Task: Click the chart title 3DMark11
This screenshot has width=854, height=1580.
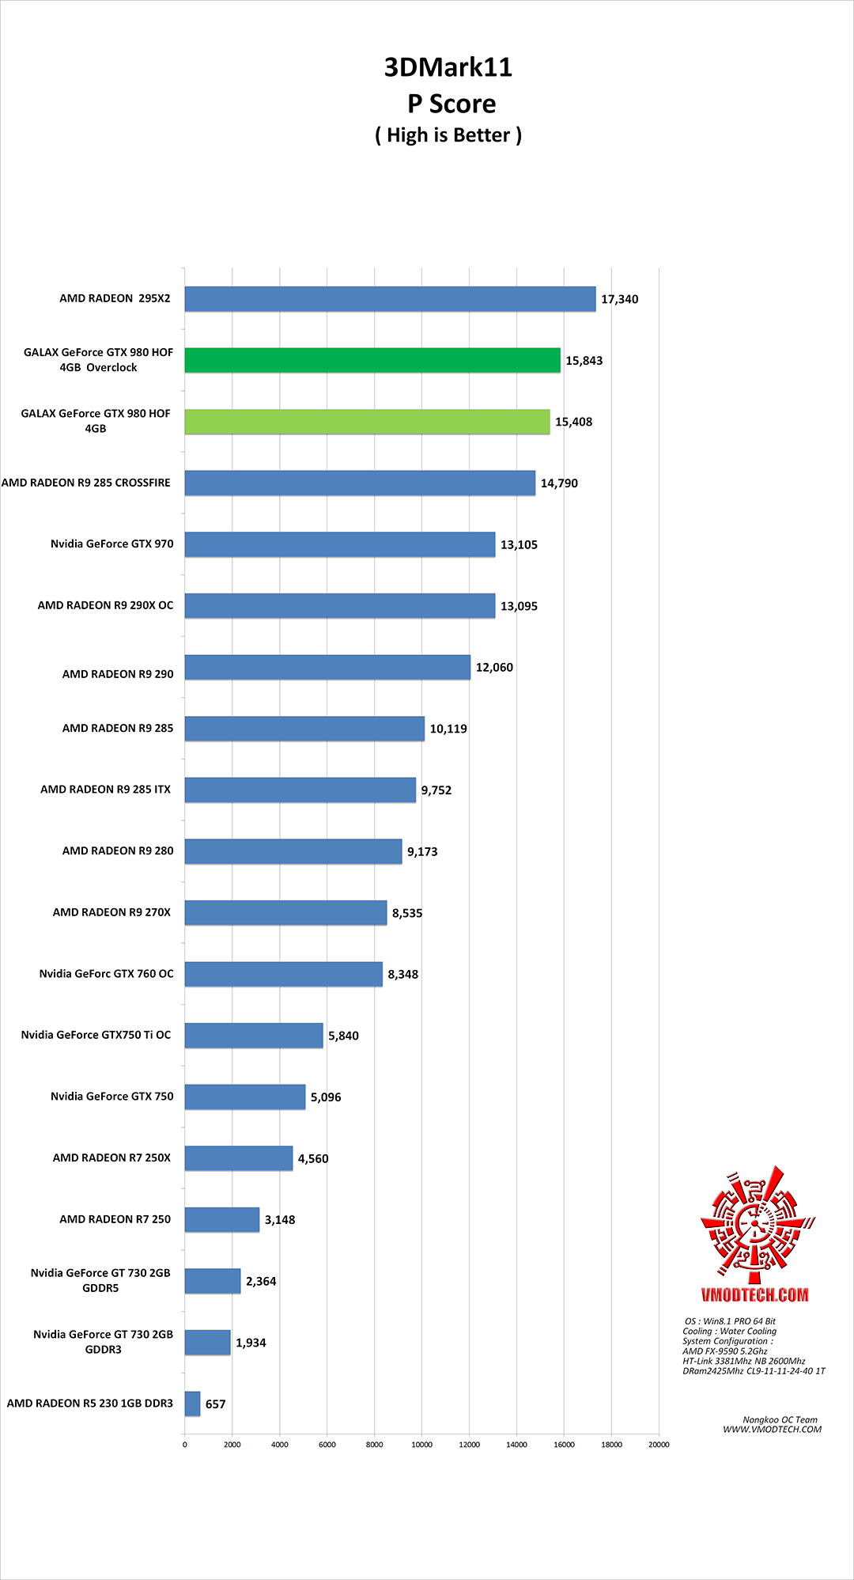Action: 448,67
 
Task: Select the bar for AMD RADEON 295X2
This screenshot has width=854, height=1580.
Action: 390,299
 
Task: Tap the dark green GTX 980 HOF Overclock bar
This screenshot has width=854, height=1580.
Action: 372,360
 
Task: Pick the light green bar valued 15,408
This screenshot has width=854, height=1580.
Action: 367,422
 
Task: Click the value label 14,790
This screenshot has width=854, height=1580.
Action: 559,483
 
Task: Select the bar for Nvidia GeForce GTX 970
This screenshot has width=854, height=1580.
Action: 340,544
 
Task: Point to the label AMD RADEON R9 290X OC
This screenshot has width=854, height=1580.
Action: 105,605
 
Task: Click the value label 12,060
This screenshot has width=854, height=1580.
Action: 494,668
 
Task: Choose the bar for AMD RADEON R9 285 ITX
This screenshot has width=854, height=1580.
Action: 300,790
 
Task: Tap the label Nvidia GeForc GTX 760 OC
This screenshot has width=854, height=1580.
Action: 106,974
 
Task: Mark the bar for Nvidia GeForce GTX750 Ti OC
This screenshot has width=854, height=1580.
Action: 254,1036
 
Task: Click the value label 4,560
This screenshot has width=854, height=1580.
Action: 313,1159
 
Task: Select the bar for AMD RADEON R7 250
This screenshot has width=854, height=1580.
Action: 222,1220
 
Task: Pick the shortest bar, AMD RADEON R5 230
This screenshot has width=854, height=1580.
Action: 192,1404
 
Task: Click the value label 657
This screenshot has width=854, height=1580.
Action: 216,1404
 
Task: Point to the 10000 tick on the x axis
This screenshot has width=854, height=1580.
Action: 421,1445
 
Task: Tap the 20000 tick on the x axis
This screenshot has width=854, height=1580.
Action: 659,1445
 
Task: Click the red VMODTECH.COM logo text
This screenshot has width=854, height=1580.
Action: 754,1295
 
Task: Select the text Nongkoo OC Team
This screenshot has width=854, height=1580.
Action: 780,1420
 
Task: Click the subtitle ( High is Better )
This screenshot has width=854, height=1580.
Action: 448,135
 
